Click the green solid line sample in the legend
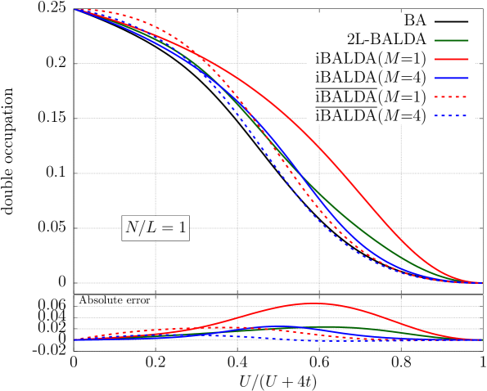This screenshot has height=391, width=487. click(x=451, y=40)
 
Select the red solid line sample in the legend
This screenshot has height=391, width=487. click(x=451, y=59)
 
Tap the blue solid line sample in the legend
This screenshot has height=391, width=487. click(x=451, y=78)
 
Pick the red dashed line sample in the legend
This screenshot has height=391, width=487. click(x=451, y=97)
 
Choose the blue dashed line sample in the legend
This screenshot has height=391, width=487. click(x=451, y=115)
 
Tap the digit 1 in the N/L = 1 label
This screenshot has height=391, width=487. click(x=181, y=228)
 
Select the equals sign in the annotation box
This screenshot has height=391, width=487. click(x=167, y=229)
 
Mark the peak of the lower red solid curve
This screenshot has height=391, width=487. click(x=314, y=303)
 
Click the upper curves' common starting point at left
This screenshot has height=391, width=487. click(x=75, y=10)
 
